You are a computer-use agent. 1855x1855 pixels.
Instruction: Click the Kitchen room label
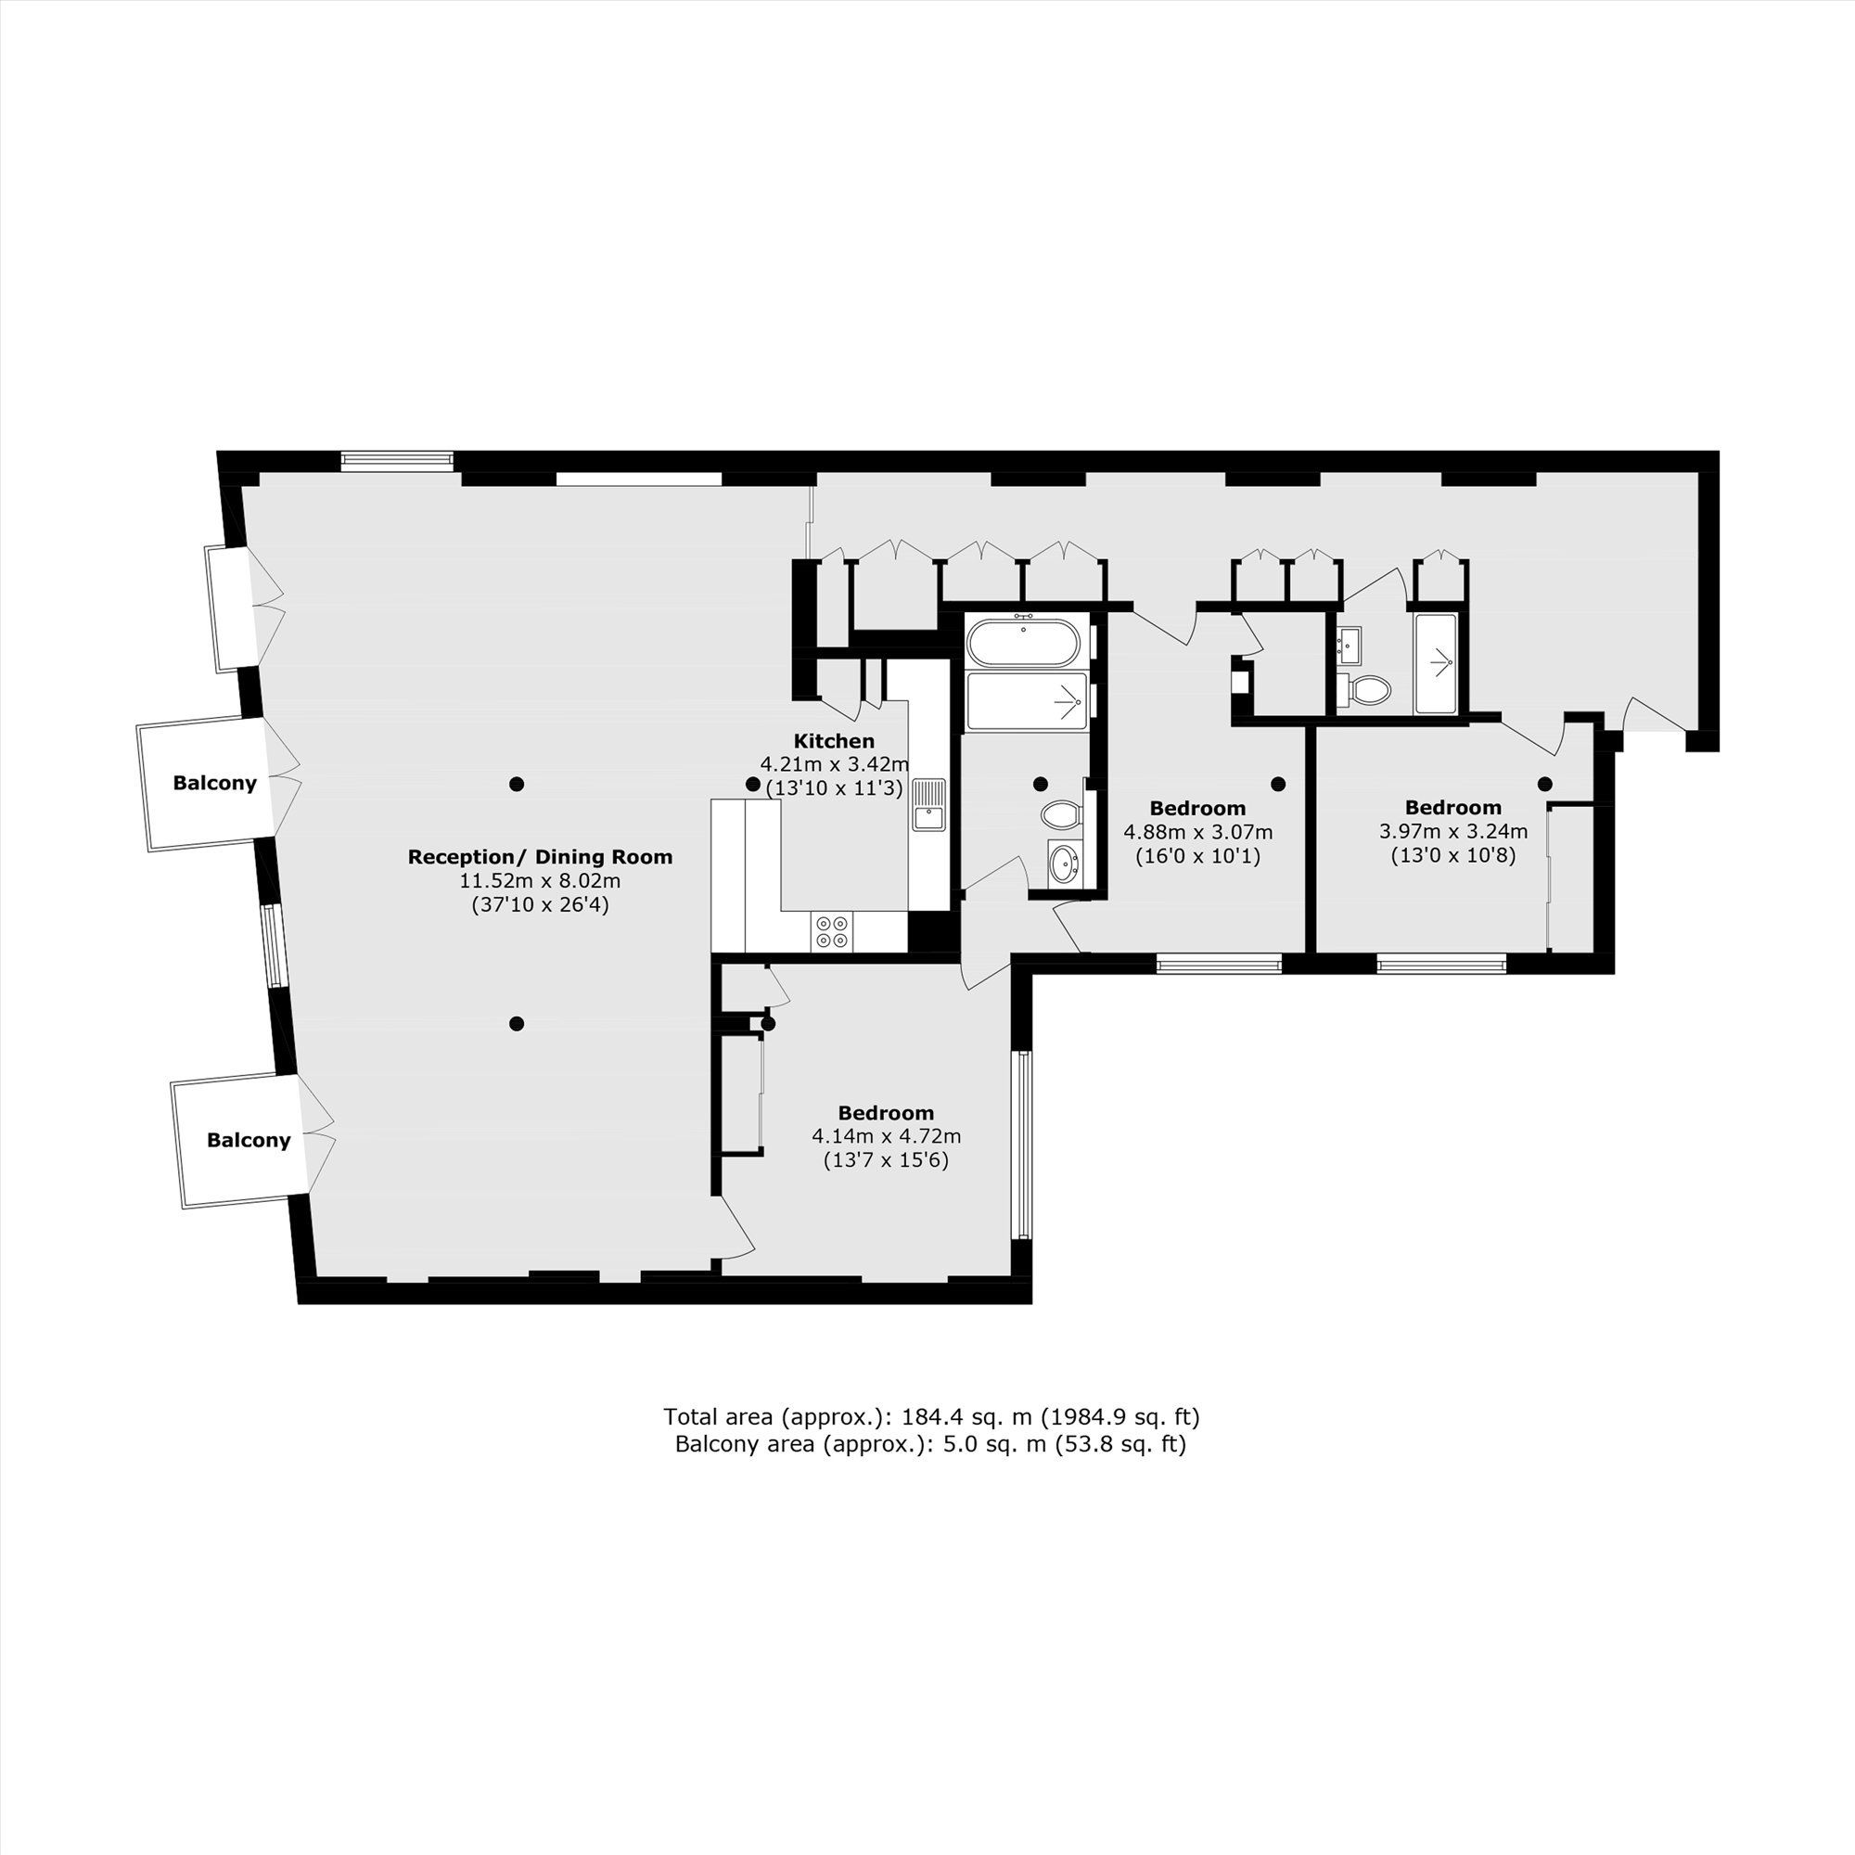pyautogui.click(x=834, y=741)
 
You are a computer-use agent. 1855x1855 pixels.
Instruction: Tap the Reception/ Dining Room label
pyautogui.click(x=540, y=856)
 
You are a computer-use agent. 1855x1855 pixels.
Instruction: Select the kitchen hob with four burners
pyautogui.click(x=831, y=931)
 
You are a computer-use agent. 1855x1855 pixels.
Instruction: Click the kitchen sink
pyautogui.click(x=928, y=803)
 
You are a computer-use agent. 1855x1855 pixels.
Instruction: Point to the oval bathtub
pyautogui.click(x=1024, y=643)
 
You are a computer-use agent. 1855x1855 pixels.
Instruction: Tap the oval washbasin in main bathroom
pyautogui.click(x=1064, y=863)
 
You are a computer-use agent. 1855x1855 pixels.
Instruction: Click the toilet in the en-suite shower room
pyautogui.click(x=1364, y=688)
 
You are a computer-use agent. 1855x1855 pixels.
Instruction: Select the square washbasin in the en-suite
pyautogui.click(x=1349, y=645)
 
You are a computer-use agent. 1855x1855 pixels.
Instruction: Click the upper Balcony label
pyautogui.click(x=214, y=783)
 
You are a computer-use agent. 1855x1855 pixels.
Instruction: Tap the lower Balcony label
pyautogui.click(x=249, y=1140)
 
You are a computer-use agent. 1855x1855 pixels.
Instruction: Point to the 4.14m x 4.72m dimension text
pyautogui.click(x=886, y=1136)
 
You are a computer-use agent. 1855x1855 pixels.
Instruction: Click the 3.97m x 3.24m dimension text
pyautogui.click(x=1452, y=830)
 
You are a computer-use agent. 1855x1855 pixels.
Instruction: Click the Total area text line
pyautogui.click(x=931, y=1416)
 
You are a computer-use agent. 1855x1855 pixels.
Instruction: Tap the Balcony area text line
pyautogui.click(x=930, y=1444)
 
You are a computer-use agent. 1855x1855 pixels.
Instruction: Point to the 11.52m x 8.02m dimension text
pyautogui.click(x=540, y=880)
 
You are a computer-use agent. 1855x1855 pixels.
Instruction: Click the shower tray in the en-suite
pyautogui.click(x=1437, y=663)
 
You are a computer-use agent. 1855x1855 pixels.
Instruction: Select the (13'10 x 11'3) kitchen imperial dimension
pyautogui.click(x=834, y=788)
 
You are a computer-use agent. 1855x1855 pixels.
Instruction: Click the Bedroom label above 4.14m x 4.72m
pyautogui.click(x=885, y=1113)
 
